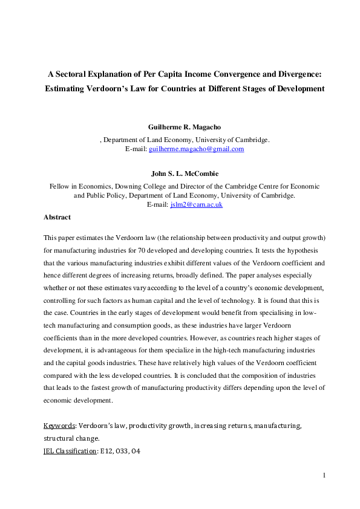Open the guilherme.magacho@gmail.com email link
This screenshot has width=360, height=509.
pyautogui.click(x=197, y=149)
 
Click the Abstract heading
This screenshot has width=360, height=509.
pyautogui.click(x=57, y=217)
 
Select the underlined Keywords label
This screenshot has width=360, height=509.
pyautogui.click(x=59, y=426)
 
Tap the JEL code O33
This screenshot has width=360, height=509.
pyautogui.click(x=124, y=451)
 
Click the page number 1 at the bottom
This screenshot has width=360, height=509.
pyautogui.click(x=324, y=475)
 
